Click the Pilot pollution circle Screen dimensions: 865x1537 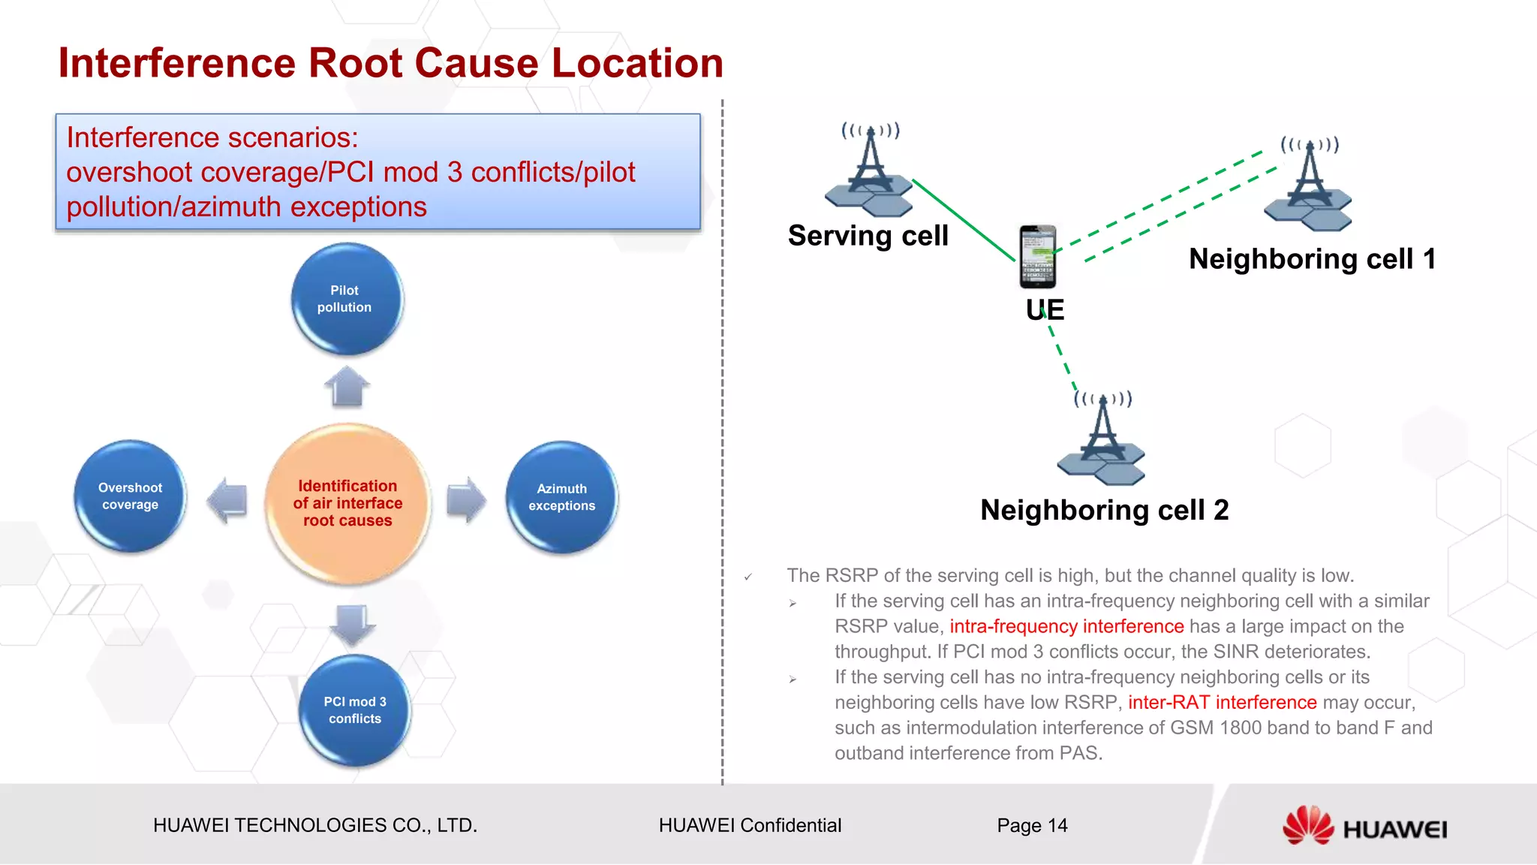346,299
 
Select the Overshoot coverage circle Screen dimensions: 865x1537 130,496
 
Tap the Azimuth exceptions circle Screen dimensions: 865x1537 561,497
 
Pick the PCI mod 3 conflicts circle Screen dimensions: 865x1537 355,710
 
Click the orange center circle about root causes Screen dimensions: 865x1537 347,503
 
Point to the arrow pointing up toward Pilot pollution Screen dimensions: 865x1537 347,387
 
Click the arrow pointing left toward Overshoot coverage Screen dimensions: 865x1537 227,500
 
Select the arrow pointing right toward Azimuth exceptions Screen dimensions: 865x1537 466,500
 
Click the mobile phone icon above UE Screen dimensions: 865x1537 1038,257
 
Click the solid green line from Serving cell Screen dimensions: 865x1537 964,220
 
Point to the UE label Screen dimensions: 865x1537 1045,310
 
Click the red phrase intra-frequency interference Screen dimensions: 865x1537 1066,626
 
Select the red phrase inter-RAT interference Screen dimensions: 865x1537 1222,703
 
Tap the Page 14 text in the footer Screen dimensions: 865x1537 1032,825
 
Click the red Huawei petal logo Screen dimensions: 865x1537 1307,825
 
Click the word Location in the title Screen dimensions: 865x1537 637,63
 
